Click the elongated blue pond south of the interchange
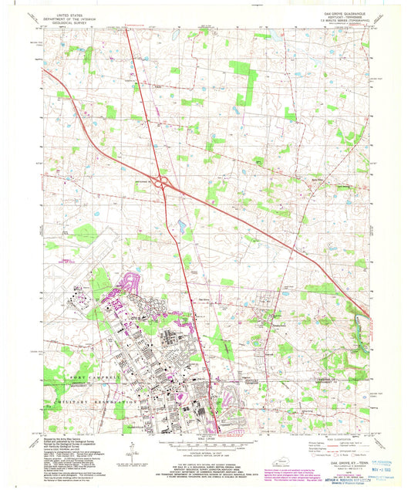(x=181, y=227)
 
